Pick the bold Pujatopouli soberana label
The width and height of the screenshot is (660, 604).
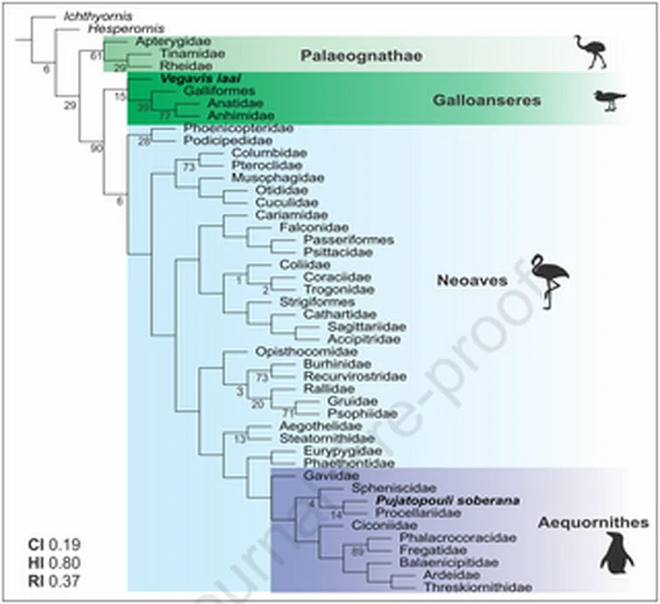pyautogui.click(x=434, y=501)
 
